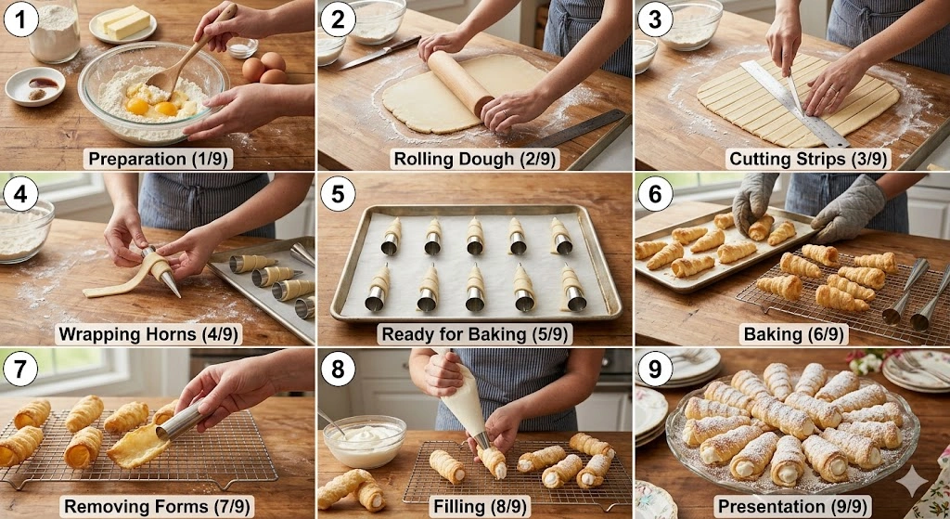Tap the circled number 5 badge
(338, 193)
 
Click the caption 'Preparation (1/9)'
(157, 158)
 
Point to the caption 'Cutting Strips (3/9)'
(791, 158)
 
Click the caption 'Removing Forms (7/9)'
(157, 506)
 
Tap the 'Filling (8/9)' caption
(474, 506)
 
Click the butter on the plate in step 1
(123, 21)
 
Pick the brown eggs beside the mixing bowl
(265, 68)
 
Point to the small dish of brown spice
(35, 85)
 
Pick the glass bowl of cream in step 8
(365, 440)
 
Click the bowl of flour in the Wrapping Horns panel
(24, 229)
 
